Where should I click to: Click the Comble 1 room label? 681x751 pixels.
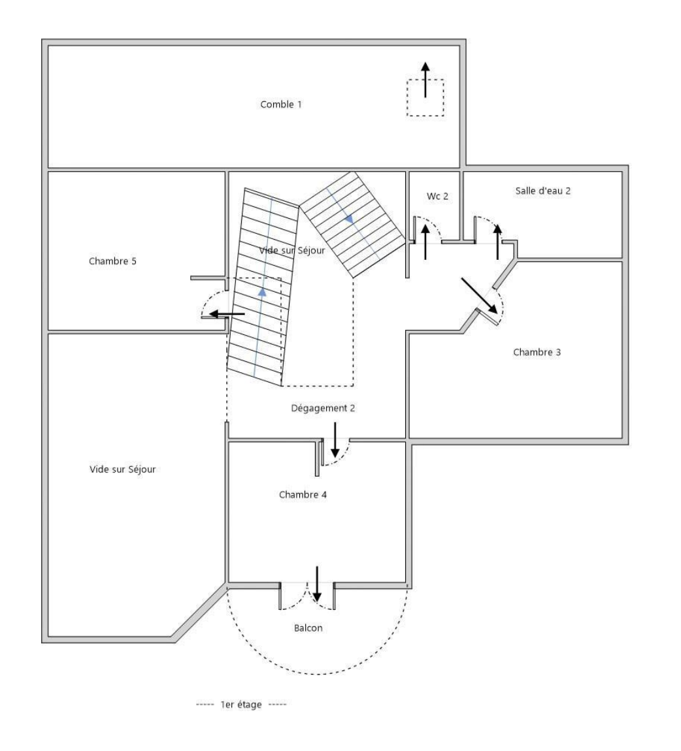coord(281,104)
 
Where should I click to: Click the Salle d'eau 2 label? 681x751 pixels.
coord(543,191)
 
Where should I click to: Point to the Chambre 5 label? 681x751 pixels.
coord(112,261)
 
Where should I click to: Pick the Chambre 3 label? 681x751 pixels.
coord(537,352)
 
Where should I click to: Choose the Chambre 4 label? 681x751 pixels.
coord(303,494)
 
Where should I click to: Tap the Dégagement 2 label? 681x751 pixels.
coord(323,408)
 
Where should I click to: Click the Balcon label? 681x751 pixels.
coord(308,628)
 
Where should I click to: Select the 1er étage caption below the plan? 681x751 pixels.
coord(242,705)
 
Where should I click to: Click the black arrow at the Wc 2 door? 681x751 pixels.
coord(425,241)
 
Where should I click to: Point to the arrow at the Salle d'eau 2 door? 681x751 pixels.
coord(498,241)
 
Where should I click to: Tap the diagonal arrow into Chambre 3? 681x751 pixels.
coord(480,295)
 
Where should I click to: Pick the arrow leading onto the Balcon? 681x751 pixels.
coord(317,583)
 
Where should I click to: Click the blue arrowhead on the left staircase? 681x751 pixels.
coord(262,292)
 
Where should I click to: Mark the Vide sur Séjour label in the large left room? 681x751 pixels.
coord(123,469)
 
